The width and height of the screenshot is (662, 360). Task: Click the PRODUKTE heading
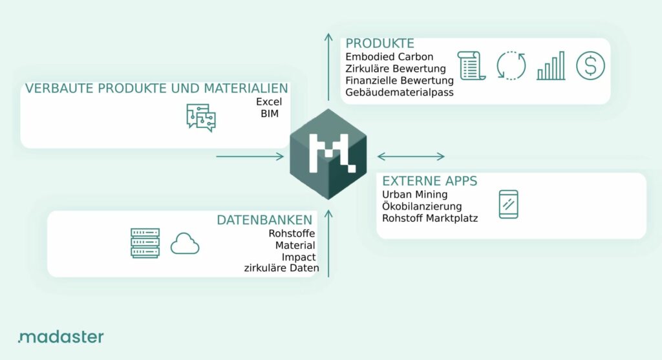(379, 43)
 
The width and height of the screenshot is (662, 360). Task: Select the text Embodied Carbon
(389, 57)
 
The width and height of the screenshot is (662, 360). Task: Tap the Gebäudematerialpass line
(400, 92)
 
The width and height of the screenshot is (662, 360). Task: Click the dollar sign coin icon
(590, 65)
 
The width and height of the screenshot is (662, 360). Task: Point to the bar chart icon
(551, 66)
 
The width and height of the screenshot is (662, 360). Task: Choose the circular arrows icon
(511, 65)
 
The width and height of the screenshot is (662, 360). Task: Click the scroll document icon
(471, 65)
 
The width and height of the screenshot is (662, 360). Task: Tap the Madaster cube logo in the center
(328, 154)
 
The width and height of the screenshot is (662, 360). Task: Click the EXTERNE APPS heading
(429, 181)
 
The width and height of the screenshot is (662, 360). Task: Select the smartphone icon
(508, 204)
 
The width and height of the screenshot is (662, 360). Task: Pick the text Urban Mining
(414, 195)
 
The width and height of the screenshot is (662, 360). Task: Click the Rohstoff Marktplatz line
(430, 218)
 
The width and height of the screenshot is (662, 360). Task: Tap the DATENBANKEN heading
(264, 220)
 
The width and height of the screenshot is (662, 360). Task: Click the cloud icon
(185, 244)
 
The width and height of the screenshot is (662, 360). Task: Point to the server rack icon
(145, 243)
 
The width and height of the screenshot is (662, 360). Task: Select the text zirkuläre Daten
(282, 268)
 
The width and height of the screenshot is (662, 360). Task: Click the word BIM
(270, 114)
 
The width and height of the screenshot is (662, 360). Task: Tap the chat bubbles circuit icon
(201, 118)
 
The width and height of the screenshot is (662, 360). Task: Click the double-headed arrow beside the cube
(411, 156)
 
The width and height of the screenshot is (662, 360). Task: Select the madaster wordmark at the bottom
(61, 337)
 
